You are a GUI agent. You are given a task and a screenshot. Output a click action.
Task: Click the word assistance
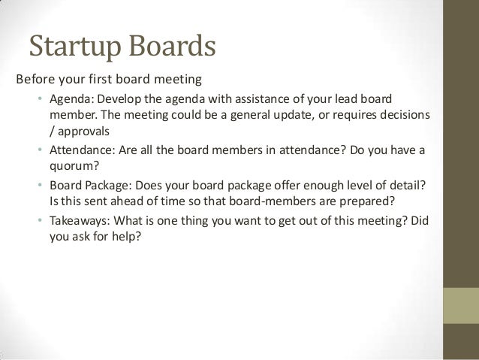point(239,99)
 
